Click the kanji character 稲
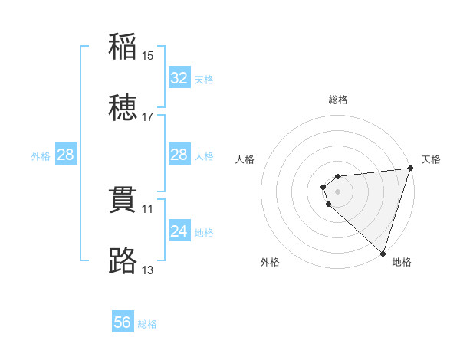pos(123,47)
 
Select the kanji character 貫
pos(123,200)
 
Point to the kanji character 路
pos(123,261)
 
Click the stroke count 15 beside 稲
pos(148,56)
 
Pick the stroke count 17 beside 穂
pos(148,117)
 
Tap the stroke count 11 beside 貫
pos(148,208)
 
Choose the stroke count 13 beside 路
pos(148,270)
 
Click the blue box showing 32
pos(179,78)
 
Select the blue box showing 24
pos(179,231)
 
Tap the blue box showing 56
pos(123,322)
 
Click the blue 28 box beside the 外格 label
pos(65,155)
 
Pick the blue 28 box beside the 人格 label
pos(179,155)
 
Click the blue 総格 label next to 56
pos(148,324)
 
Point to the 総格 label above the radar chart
pos(338,100)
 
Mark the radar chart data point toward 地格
pos(383,253)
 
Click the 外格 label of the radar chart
pos(270,262)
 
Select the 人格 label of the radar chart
pos(245,159)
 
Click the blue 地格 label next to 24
pos(204,233)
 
